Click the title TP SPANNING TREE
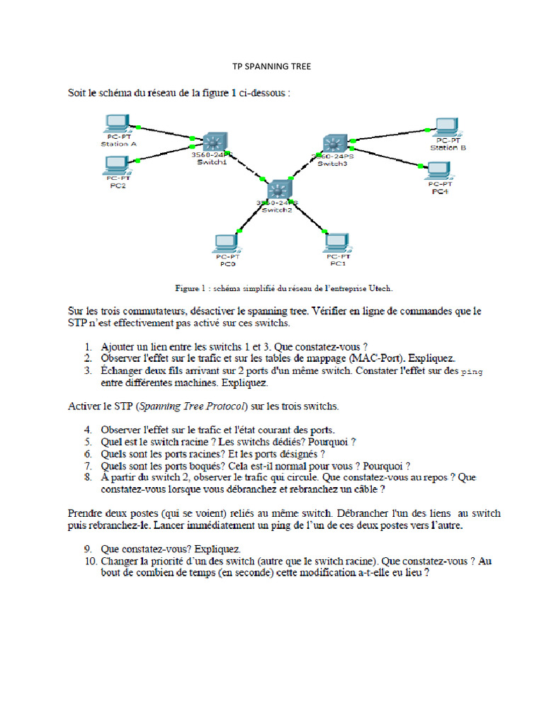(x=271, y=67)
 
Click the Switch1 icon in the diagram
(x=210, y=141)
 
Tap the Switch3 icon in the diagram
(x=332, y=143)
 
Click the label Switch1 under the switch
(x=211, y=162)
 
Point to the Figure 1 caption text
(x=283, y=288)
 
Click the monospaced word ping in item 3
(x=472, y=371)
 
